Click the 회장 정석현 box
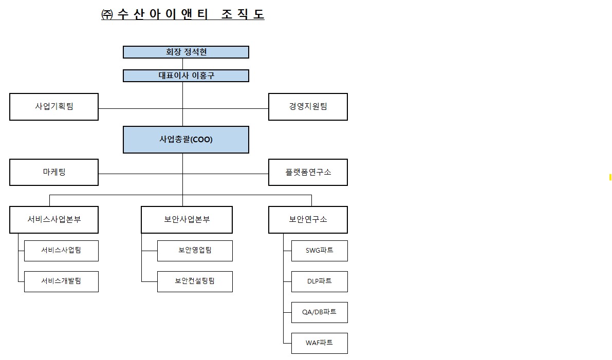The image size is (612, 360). (186, 52)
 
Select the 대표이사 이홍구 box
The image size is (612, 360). (186, 76)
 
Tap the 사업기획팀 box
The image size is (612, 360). (54, 107)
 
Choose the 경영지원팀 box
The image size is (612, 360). (308, 107)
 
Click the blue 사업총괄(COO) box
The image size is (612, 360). (186, 140)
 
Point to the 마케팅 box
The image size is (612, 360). (54, 172)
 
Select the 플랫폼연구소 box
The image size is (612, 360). (308, 172)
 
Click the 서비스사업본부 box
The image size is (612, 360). (54, 220)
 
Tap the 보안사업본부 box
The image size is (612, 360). (187, 220)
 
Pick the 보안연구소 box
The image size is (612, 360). (308, 220)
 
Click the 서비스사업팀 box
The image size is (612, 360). (61, 251)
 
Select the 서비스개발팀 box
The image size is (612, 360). (61, 281)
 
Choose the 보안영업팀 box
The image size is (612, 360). (195, 251)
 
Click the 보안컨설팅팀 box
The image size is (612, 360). (195, 281)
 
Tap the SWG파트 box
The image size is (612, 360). (319, 251)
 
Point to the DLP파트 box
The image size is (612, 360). (319, 281)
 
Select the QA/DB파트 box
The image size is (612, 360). (319, 312)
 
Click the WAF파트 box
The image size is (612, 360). (319, 343)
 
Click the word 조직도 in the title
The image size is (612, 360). (243, 14)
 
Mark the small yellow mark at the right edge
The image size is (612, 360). (610, 177)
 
